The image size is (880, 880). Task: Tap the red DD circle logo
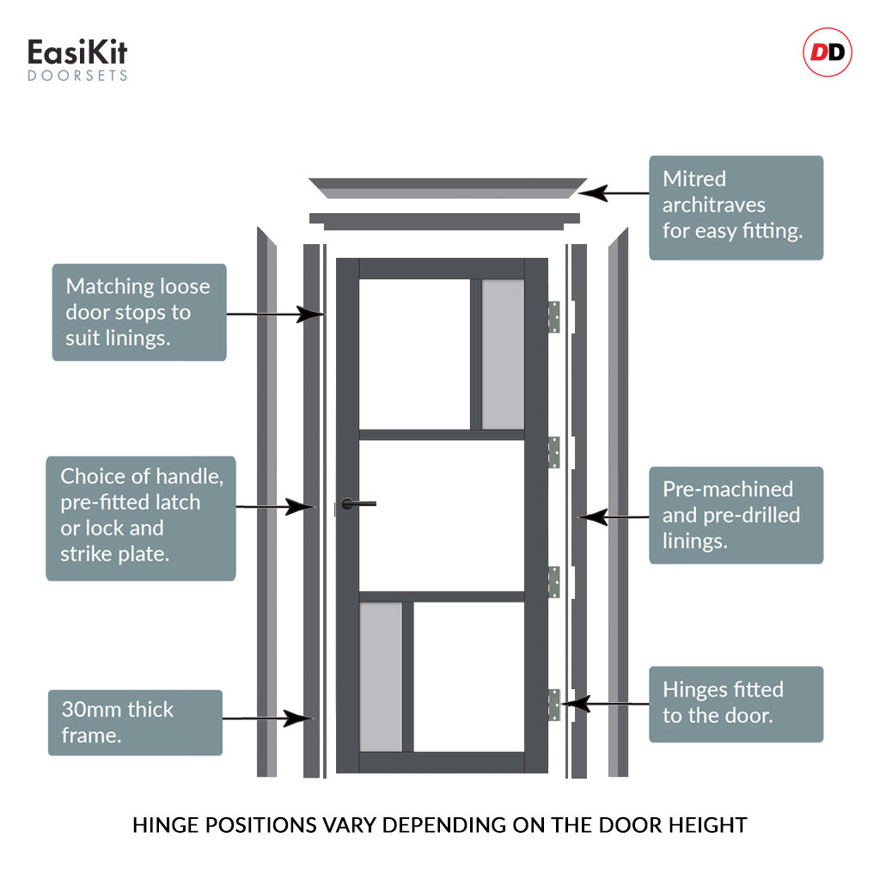point(828,53)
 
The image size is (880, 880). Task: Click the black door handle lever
point(357,504)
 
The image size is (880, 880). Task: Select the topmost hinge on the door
point(554,317)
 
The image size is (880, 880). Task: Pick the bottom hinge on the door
point(554,705)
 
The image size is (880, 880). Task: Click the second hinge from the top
point(554,452)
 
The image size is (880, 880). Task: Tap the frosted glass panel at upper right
point(503,354)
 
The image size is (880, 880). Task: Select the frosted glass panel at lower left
point(381,676)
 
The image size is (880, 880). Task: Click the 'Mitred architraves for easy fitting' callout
point(736,207)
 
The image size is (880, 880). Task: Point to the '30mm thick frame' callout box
point(135,722)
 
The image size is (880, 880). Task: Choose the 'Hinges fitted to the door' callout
point(736,704)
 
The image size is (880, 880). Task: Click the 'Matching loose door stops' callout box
point(139,312)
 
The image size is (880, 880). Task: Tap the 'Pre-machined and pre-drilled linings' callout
point(736,515)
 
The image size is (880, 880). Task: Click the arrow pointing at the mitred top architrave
point(618,192)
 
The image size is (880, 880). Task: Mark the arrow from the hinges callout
point(605,704)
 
